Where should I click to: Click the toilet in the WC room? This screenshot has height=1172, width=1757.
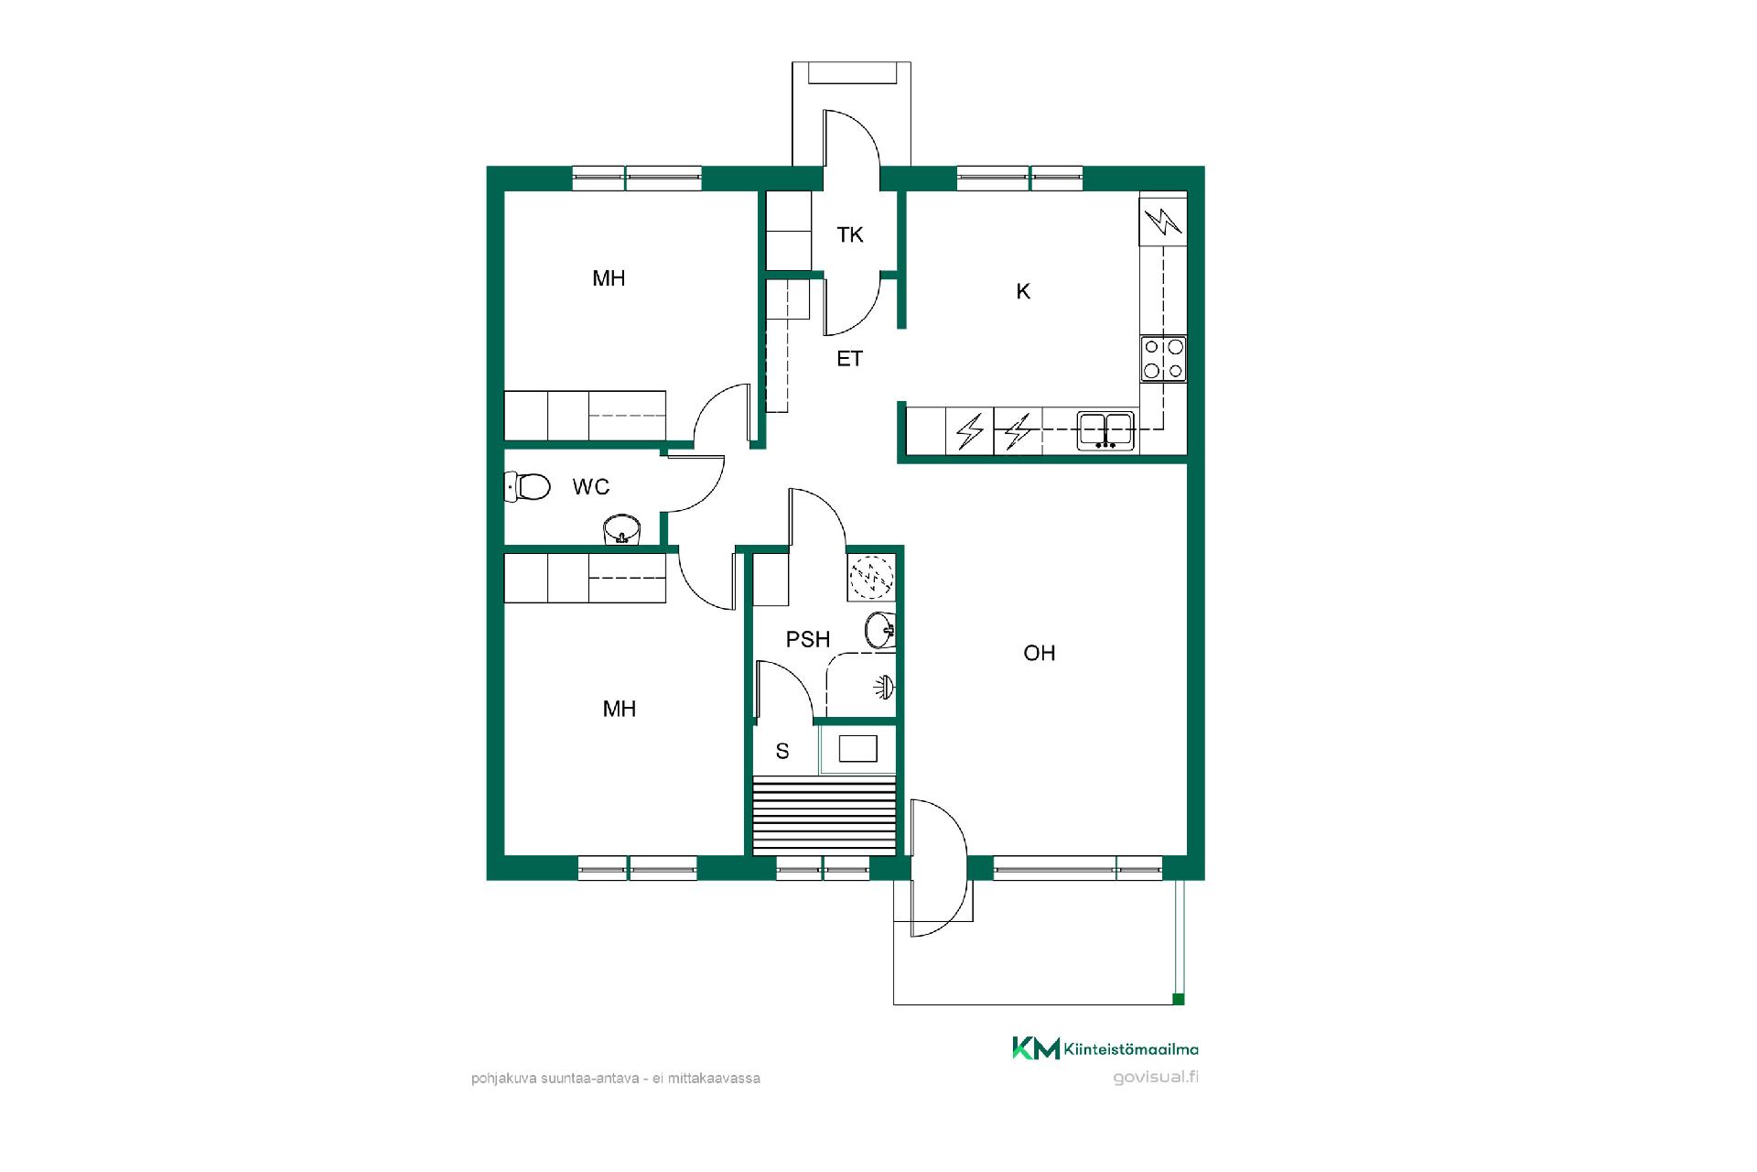(x=528, y=486)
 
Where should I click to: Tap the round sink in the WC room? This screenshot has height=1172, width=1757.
(x=623, y=529)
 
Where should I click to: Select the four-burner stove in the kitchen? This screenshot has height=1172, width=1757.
(x=1163, y=359)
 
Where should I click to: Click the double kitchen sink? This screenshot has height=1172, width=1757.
(x=1105, y=430)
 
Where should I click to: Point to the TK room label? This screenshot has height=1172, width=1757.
(x=850, y=235)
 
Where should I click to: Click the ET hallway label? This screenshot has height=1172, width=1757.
(x=850, y=359)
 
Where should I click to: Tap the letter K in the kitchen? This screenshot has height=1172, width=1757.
(x=1023, y=291)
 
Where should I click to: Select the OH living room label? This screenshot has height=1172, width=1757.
(x=1040, y=653)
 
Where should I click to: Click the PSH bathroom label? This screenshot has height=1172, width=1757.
(x=808, y=639)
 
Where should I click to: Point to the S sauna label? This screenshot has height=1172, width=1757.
(x=782, y=752)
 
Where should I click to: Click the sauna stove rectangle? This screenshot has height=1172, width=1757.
(x=858, y=749)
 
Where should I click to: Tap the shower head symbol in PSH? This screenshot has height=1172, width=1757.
(x=883, y=687)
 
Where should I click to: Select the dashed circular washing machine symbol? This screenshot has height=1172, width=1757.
(x=871, y=577)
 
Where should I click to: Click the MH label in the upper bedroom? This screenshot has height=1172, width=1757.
(x=609, y=278)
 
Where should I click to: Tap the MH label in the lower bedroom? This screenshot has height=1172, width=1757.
(x=620, y=709)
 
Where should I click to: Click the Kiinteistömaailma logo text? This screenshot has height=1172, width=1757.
(x=1131, y=1049)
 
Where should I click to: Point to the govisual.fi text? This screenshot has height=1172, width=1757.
(x=1156, y=1077)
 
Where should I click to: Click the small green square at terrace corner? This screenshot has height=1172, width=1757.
(x=1179, y=999)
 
